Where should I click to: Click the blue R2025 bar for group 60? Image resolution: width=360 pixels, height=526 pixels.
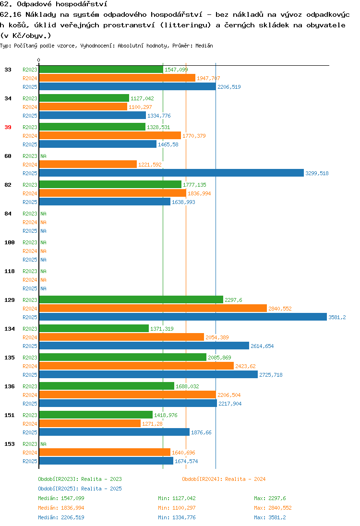[x=171, y=173]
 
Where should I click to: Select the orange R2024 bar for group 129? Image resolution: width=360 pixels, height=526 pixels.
[x=153, y=309]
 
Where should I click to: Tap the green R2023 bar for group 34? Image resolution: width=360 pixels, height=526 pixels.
[x=84, y=98]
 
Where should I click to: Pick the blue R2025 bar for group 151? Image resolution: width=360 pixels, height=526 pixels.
[x=114, y=432]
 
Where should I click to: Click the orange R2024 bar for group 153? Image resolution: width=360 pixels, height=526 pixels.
[x=105, y=453]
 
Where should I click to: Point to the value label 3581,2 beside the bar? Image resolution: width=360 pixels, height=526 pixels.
[x=337, y=317]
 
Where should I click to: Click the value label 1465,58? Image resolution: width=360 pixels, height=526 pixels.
[x=168, y=144]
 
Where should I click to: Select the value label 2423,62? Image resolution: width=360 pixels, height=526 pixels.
[x=245, y=366]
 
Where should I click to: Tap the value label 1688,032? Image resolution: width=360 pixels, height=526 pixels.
[x=187, y=386]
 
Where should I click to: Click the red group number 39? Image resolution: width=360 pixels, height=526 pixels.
[x=8, y=127]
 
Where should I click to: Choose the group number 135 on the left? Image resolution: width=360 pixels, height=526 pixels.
[x=10, y=358]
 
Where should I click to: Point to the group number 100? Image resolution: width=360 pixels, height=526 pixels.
[x=10, y=242]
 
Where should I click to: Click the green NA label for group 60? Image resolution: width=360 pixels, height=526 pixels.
[x=44, y=156]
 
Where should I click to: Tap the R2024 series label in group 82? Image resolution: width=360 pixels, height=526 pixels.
[x=30, y=193]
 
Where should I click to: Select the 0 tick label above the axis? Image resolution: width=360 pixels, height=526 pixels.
[x=38, y=60]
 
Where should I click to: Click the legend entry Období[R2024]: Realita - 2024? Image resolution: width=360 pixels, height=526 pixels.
[x=224, y=479]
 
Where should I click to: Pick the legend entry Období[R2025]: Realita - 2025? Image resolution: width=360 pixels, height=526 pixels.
[x=80, y=489]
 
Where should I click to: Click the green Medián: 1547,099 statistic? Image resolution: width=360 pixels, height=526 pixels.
[x=61, y=498]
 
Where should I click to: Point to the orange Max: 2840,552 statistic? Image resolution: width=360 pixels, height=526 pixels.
[x=273, y=508]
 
